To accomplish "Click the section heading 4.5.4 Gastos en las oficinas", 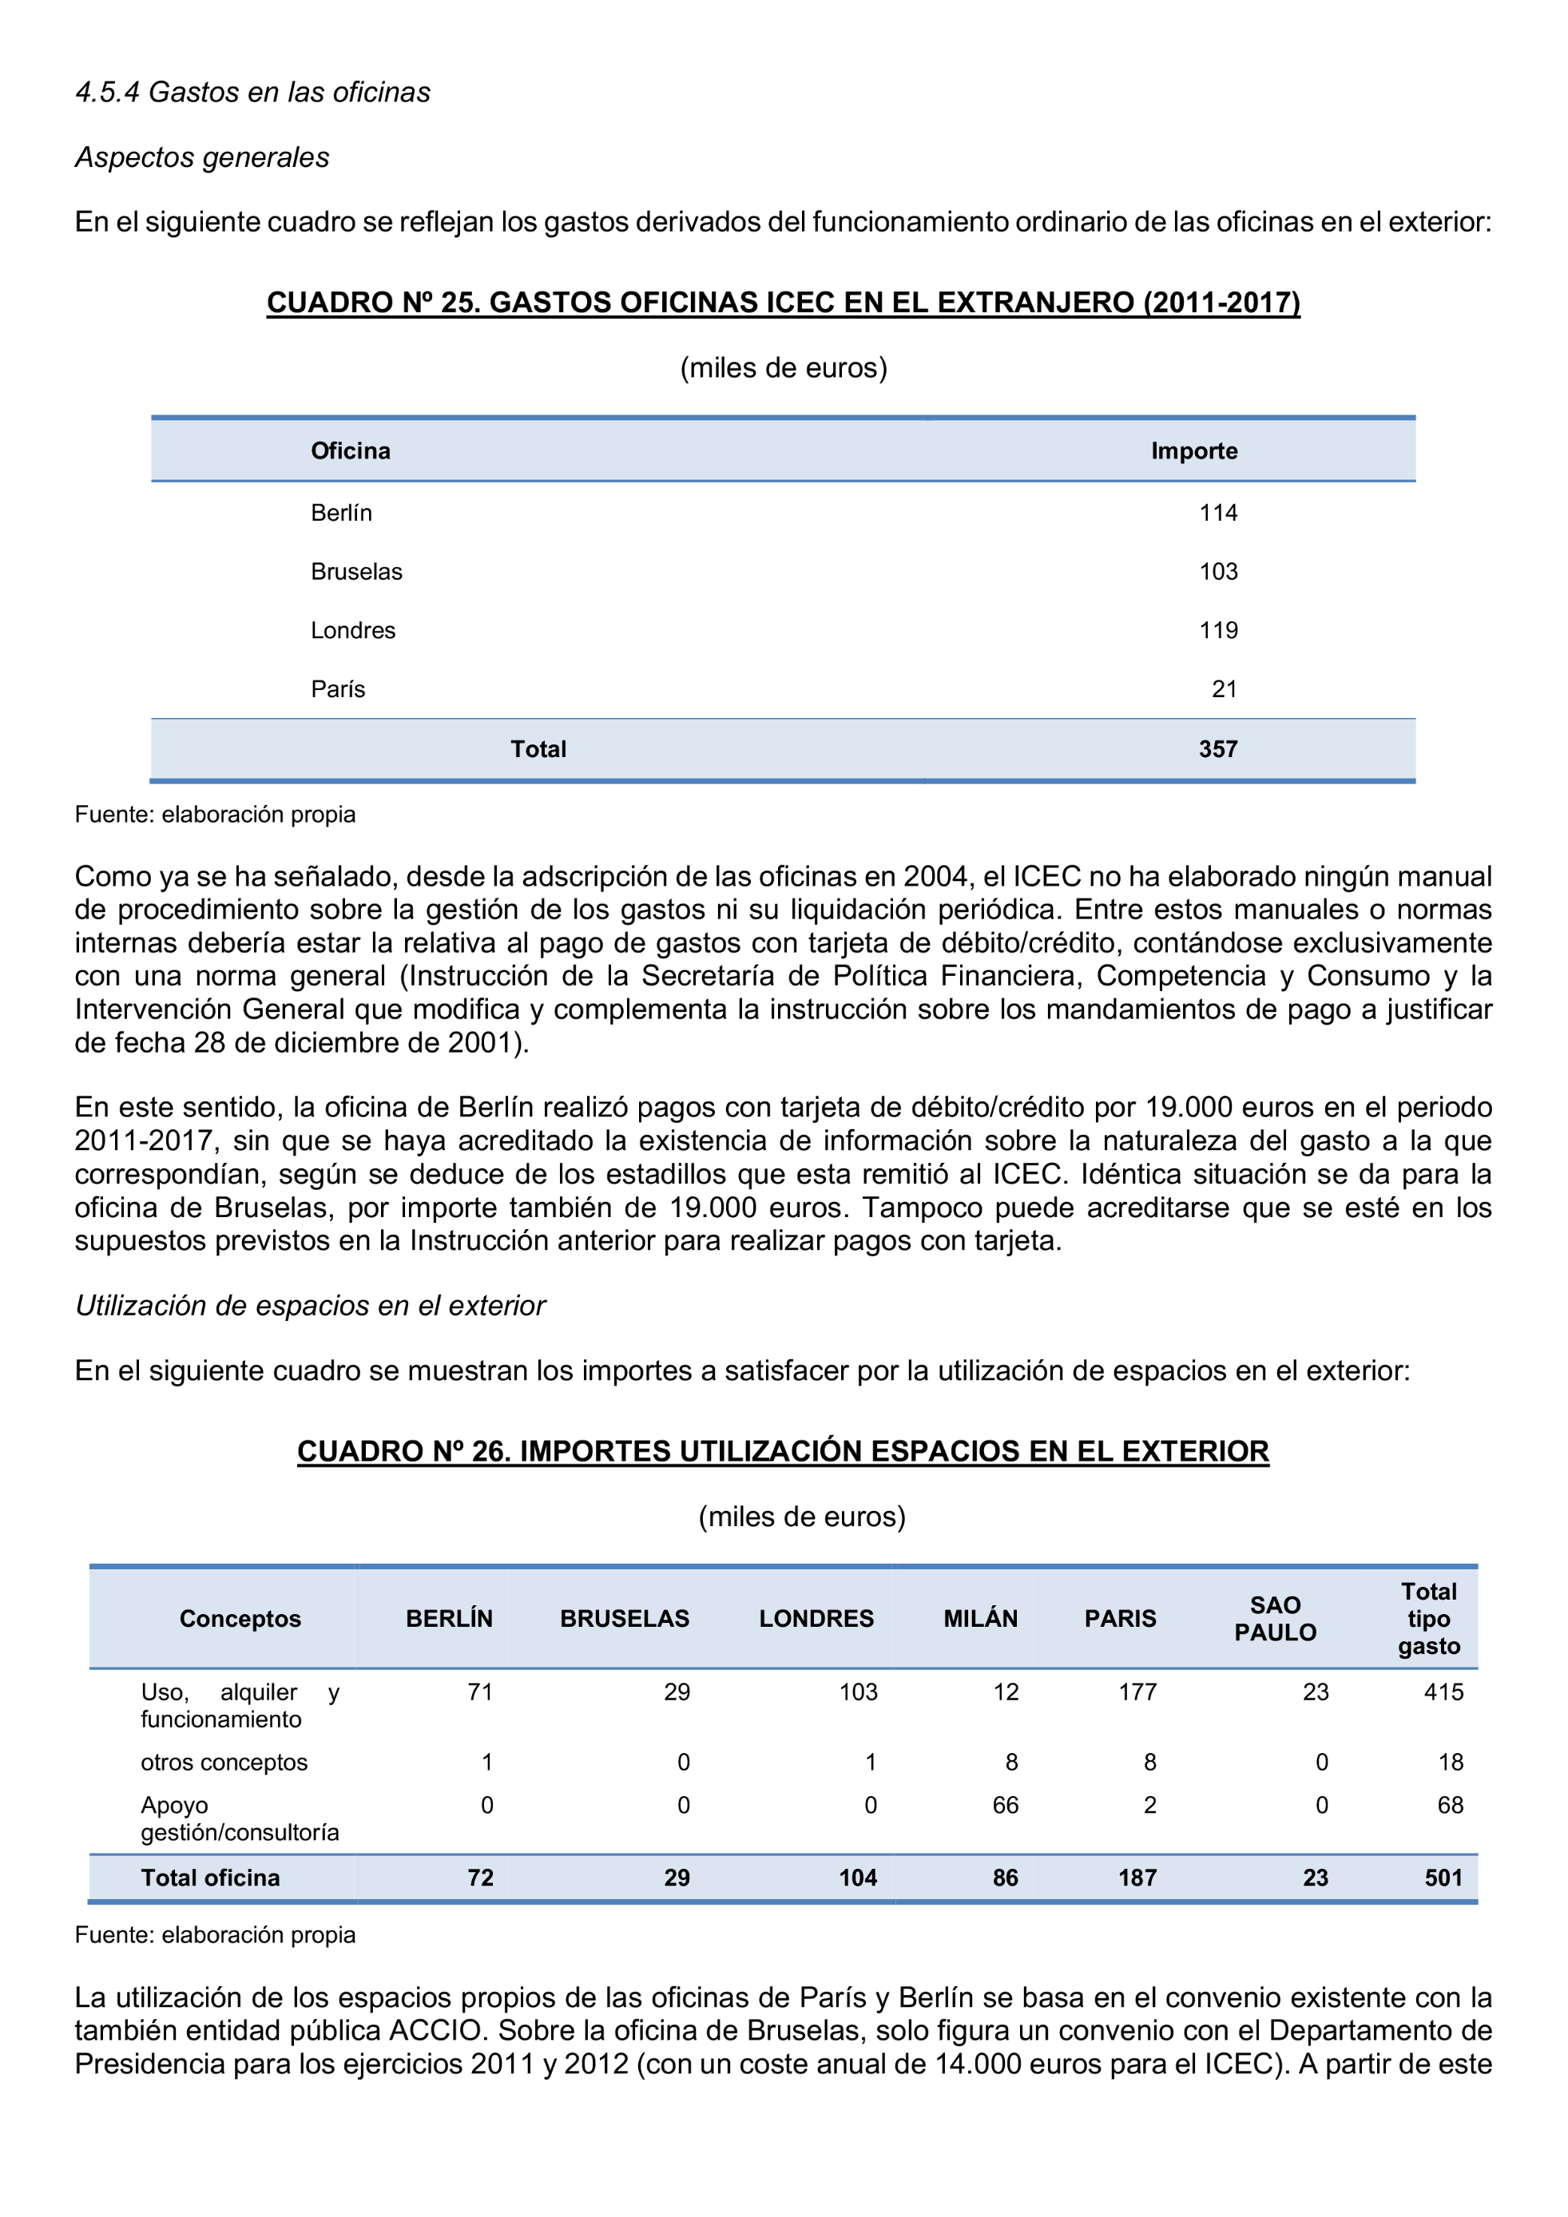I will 253,93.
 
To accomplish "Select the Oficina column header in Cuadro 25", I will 351,451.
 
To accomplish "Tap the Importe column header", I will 1193,451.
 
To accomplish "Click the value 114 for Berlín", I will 1217,513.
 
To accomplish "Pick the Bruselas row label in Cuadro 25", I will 356,572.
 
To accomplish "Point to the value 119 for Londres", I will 1217,631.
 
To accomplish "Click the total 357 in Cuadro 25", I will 1217,749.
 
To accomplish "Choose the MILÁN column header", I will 980,1618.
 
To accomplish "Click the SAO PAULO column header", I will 1275,1618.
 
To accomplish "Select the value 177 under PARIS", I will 1137,1692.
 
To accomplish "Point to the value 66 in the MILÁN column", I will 1005,1805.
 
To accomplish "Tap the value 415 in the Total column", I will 1443,1692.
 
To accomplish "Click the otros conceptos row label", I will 224,1763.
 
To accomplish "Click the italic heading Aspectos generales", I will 202,157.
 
